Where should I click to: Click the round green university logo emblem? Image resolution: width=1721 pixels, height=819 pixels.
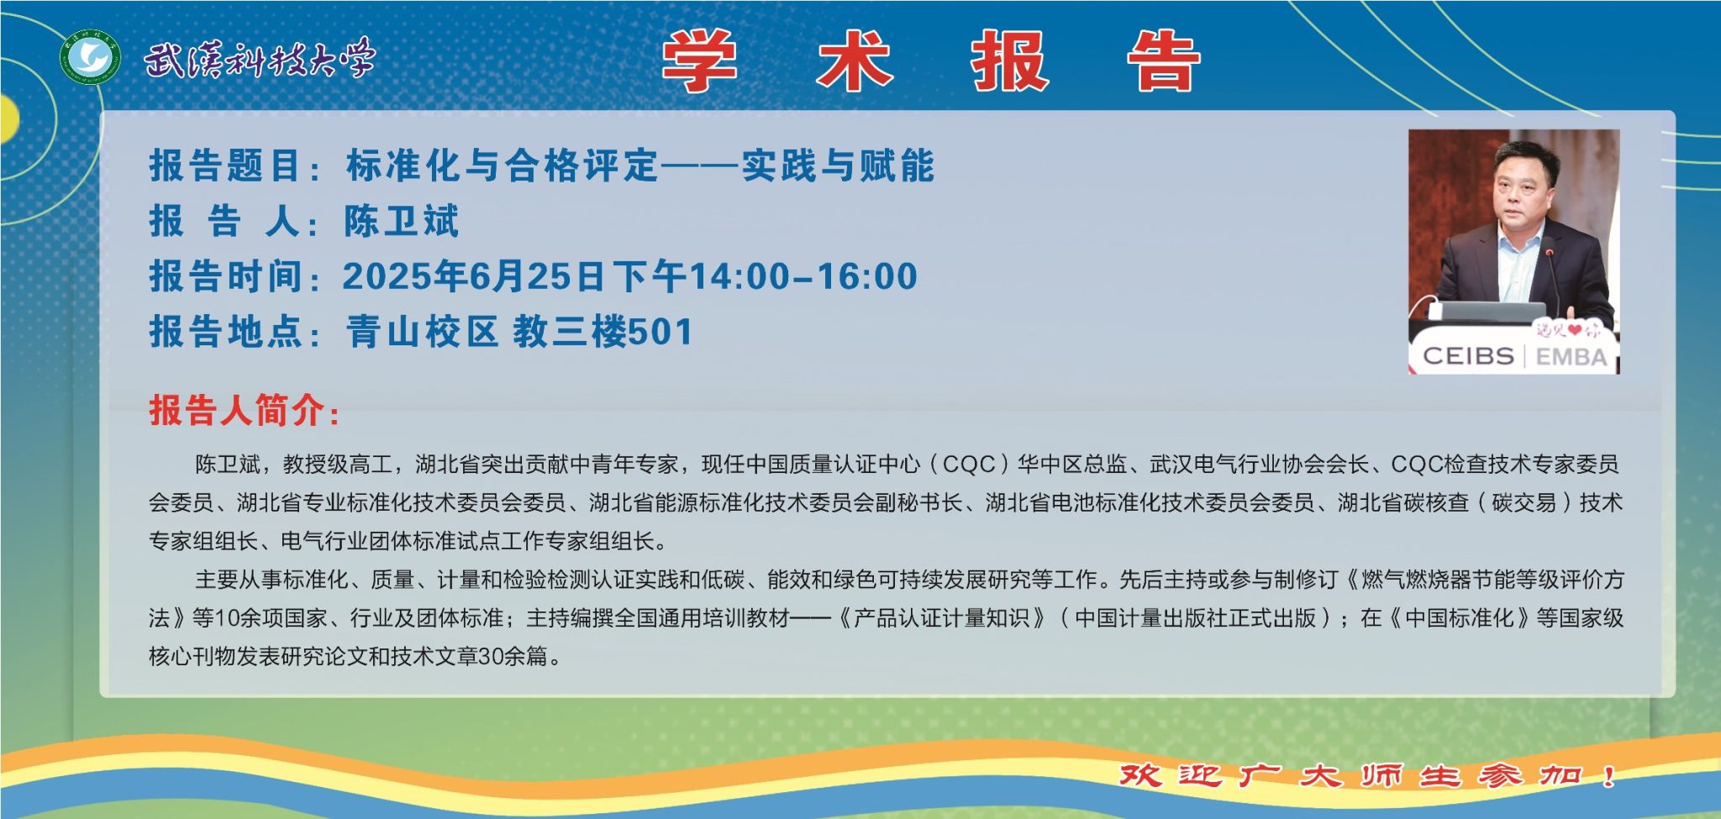[90, 59]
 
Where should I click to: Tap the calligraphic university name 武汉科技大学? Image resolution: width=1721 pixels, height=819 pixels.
[259, 60]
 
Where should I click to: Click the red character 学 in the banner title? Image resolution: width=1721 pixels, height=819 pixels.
[699, 60]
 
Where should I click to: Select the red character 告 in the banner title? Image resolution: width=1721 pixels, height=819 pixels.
[1164, 60]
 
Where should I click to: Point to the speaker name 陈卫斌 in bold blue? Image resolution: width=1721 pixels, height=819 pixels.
[402, 221]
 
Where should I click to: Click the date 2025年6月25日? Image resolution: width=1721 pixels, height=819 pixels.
[473, 276]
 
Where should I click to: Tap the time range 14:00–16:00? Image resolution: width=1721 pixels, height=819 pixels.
[803, 277]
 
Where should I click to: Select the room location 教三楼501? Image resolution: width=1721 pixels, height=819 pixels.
[603, 332]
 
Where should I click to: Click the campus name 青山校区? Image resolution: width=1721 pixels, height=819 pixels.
[422, 332]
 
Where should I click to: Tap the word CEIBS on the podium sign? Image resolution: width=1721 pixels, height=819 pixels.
[1468, 356]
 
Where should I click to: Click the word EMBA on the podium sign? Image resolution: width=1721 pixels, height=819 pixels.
[1571, 357]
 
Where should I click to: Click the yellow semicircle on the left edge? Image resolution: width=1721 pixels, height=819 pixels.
[8, 118]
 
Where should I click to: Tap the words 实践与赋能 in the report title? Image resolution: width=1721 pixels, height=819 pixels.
[838, 165]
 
